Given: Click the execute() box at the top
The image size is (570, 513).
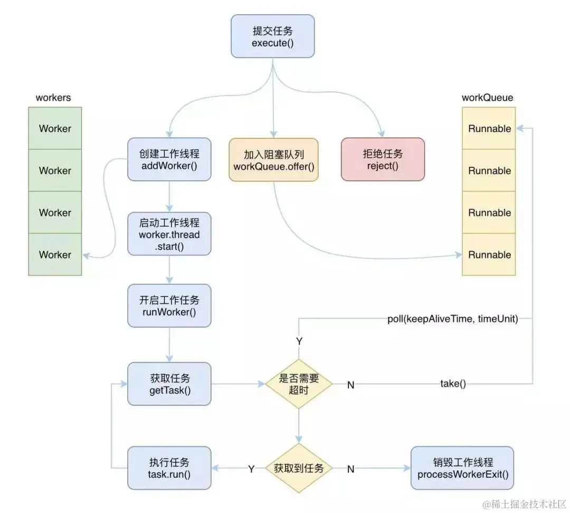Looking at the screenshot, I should point(272,36).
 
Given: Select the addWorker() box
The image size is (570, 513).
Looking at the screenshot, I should point(169,159).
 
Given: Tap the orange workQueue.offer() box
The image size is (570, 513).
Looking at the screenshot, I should point(273,159).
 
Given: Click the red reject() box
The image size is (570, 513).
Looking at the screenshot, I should point(383,159).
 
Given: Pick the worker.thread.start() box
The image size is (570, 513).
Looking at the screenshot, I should point(169,234).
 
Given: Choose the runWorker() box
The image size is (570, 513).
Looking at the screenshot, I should point(169,306).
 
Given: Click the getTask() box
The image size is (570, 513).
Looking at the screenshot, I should point(169,384).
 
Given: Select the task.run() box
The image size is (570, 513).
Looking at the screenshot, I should point(169,468).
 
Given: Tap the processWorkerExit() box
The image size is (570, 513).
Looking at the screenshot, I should point(462,468).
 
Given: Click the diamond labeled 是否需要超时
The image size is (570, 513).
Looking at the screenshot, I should point(299,384).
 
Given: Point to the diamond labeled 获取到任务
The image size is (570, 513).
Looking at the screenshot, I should point(299,468).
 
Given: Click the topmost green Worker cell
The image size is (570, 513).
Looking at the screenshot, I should point(55,128).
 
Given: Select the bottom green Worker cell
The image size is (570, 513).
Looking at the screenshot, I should point(55,254).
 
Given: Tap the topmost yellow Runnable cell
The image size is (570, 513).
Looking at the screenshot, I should point(489,128).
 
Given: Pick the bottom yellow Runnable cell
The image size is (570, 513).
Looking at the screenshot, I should point(489,254).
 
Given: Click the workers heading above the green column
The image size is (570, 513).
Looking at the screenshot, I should point(53,98).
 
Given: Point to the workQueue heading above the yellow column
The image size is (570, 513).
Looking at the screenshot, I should point(487,98).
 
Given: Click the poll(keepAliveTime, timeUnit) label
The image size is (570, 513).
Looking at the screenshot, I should point(452,319).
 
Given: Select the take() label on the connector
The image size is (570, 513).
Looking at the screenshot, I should point(453,384).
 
